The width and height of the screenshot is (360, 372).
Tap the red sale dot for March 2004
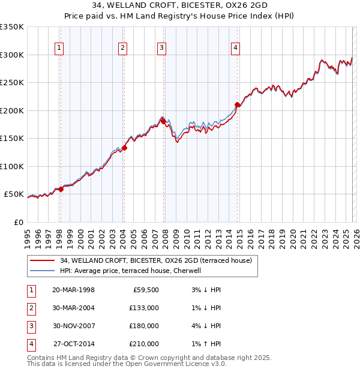coord(125,148)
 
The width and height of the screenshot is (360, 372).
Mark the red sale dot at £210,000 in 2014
coord(237,105)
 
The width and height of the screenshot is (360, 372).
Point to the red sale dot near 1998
coord(61,189)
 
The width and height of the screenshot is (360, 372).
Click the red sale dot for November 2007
coord(163,122)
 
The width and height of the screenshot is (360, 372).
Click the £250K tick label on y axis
coord(12,82)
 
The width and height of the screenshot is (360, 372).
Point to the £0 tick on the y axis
coord(18,222)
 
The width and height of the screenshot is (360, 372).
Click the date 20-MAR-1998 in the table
coord(73,290)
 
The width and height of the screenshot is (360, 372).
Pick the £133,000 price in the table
coord(144,308)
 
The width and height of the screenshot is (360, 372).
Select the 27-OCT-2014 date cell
coord(73,344)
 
